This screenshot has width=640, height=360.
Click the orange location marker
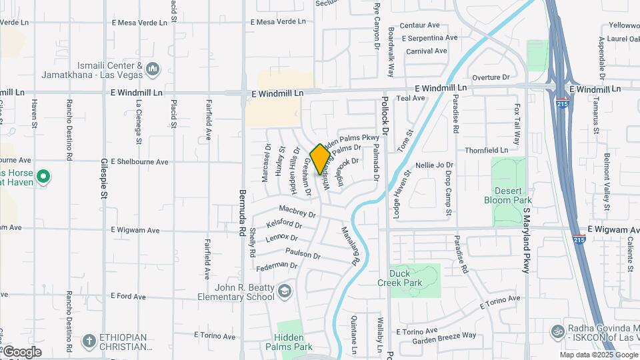tap(320, 159)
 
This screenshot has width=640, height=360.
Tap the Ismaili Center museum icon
tap(152, 69)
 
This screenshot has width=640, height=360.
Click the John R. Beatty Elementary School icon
tap(285, 291)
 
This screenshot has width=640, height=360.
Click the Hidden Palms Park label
tap(289, 342)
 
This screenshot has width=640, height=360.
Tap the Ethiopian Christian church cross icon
tap(89, 341)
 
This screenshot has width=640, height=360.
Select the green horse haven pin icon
tap(43, 177)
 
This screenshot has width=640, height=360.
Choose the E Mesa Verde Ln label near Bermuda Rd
tap(278, 22)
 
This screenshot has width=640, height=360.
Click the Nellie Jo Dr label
tap(434, 165)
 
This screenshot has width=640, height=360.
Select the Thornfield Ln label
tap(486, 151)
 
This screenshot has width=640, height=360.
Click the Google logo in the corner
tap(23, 351)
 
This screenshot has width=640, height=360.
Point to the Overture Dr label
tap(490, 78)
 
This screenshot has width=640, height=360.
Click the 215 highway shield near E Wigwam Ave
tap(579, 239)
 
